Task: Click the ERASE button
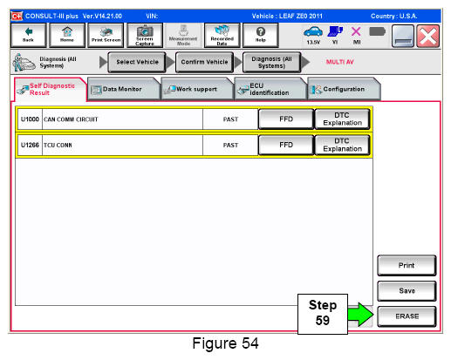[407, 316]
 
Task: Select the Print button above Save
[407, 265]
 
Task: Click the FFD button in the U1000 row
[286, 119]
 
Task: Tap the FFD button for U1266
[286, 145]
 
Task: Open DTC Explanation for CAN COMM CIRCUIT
[342, 119]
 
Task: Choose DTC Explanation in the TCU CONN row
[342, 145]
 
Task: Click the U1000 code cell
[30, 119]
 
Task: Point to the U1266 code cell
[30, 145]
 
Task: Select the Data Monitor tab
[123, 89]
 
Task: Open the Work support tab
[197, 89]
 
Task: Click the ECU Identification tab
[270, 89]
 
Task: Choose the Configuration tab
[344, 89]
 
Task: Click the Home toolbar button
[67, 35]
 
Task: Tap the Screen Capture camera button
[145, 35]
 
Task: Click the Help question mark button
[260, 35]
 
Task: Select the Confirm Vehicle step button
[204, 62]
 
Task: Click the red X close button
[427, 36]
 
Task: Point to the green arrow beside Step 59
[360, 315]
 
